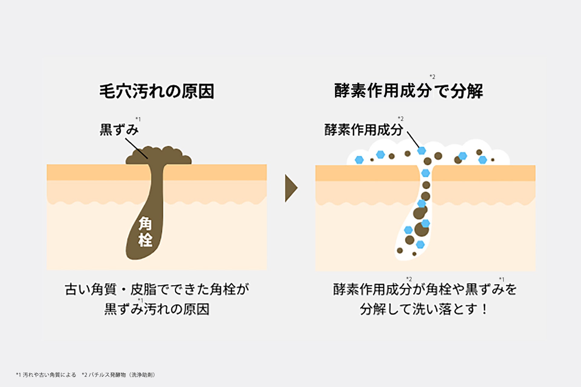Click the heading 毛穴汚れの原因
pyautogui.click(x=156, y=91)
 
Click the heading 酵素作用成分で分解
pyautogui.click(x=409, y=91)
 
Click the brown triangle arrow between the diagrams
pyautogui.click(x=291, y=188)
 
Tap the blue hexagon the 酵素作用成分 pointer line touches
pyautogui.click(x=422, y=150)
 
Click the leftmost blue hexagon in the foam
pyautogui.click(x=359, y=160)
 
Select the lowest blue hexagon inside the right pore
pyautogui.click(x=420, y=244)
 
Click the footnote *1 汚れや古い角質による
pyautogui.click(x=46, y=375)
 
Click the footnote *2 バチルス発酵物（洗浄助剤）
pyautogui.click(x=119, y=375)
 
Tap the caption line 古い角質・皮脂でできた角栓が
pyautogui.click(x=157, y=290)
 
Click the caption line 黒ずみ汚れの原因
pyautogui.click(x=157, y=309)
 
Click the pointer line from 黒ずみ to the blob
pyautogui.click(x=136, y=148)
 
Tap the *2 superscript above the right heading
pyautogui.click(x=432, y=77)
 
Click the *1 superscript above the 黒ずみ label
pyautogui.click(x=138, y=119)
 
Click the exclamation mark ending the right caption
pyautogui.click(x=485, y=309)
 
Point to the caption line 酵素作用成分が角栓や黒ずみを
pyautogui.click(x=425, y=290)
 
